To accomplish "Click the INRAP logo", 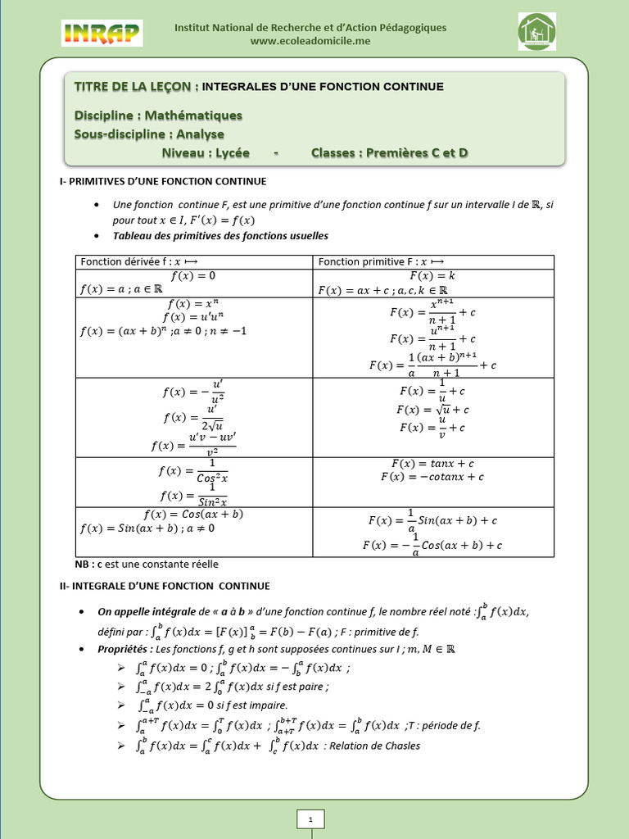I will (x=102, y=34).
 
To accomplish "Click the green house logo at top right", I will (x=537, y=32).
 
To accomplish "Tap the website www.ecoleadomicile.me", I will (x=310, y=41).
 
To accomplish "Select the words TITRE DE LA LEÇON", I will (x=135, y=86).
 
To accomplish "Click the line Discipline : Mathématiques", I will (x=158, y=116).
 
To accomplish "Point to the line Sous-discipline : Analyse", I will (x=149, y=134).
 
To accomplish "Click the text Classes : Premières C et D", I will (x=389, y=153).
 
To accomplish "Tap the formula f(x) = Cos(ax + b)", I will (x=193, y=515).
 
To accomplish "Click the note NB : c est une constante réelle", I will (x=147, y=564).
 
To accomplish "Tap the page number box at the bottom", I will (x=310, y=819).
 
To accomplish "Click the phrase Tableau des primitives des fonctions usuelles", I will (x=220, y=236).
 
